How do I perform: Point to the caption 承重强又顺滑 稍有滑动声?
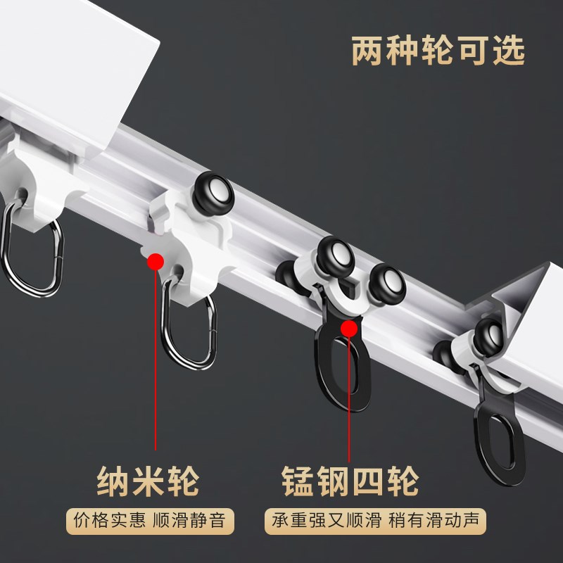pos(379,521)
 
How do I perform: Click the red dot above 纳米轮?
pos(156,262)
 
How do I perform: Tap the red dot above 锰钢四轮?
pos(348,328)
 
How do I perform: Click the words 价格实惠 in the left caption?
pos(110,521)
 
